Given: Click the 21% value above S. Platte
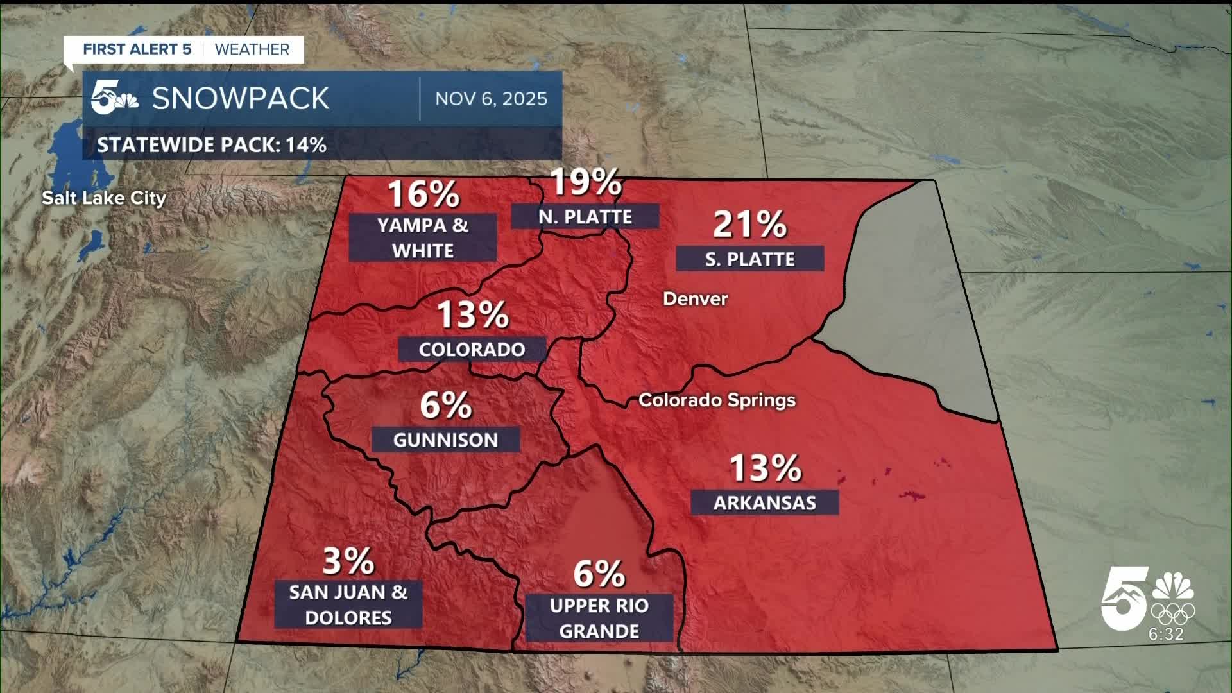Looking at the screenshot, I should click(749, 224).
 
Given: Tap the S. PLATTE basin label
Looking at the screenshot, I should click(749, 259).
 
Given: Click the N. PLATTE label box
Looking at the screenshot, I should click(585, 216).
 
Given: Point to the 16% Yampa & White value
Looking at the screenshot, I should click(424, 194).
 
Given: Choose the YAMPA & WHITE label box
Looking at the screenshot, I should click(423, 237).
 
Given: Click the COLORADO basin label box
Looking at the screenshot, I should click(472, 349).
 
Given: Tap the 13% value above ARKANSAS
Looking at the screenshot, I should click(765, 468).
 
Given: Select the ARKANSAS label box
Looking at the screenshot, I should click(764, 502).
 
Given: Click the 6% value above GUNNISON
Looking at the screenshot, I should click(446, 406).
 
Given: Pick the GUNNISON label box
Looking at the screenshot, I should click(445, 440).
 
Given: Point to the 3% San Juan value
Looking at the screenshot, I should click(348, 561).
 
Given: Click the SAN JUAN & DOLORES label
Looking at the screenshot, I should click(348, 604).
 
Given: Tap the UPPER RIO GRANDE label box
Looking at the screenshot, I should click(599, 618).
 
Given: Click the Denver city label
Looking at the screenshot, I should click(695, 298).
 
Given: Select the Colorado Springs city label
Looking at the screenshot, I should click(717, 400).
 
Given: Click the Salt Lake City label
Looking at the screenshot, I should click(104, 198).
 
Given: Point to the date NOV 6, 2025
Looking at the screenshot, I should click(491, 99).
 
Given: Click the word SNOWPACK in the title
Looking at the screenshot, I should click(240, 98).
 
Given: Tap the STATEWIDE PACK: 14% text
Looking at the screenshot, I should click(212, 145).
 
